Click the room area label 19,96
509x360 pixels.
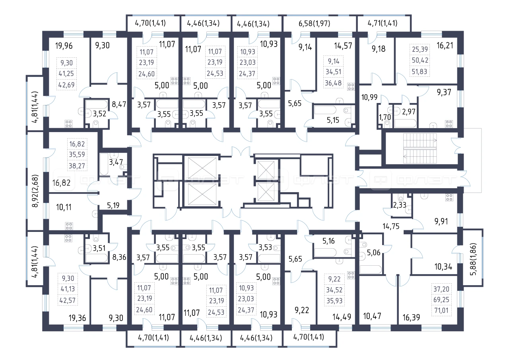pyautogui.click(x=64, y=46)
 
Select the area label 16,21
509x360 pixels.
pyautogui.click(x=445, y=45)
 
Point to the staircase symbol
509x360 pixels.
pyautogui.click(x=420, y=148)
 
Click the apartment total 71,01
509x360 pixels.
pyautogui.click(x=441, y=310)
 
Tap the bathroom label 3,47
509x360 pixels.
pyautogui.click(x=116, y=162)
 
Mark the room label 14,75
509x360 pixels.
pyautogui.click(x=390, y=226)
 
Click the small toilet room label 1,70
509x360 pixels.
pyautogui.click(x=385, y=117)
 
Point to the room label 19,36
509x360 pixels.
pyautogui.click(x=77, y=318)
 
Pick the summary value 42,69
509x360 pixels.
pyautogui.click(x=66, y=85)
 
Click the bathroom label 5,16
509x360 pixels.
pyautogui.click(x=328, y=241)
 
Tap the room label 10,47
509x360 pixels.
pyautogui.click(x=372, y=316)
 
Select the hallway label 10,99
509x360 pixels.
pyautogui.click(x=369, y=97)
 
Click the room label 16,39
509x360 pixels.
pyautogui.click(x=411, y=317)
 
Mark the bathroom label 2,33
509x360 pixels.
pyautogui.click(x=400, y=205)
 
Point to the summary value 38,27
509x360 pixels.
pyautogui.click(x=77, y=166)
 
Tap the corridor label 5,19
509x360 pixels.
pyautogui.click(x=113, y=205)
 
